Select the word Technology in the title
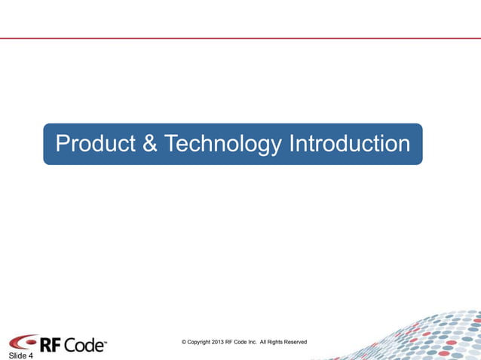point(222,143)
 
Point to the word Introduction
point(350,143)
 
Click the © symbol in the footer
point(184,342)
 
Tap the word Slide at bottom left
point(17,355)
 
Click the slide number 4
point(30,355)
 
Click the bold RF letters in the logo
point(50,345)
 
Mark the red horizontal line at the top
point(240,38)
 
